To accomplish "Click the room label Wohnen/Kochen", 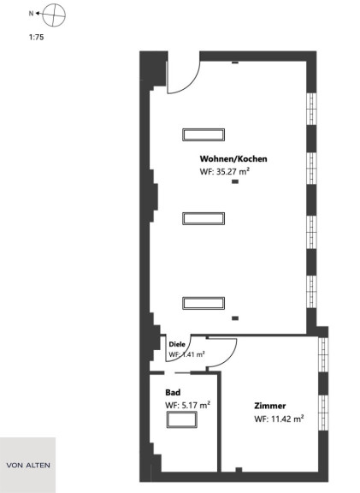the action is [233, 159].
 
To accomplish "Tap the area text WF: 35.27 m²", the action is [225, 172].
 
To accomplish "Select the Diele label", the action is [177, 344].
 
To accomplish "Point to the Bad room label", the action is [173, 392].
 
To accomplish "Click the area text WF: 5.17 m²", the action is [187, 405].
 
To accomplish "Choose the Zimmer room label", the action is [270, 406].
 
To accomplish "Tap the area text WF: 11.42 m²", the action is [279, 419].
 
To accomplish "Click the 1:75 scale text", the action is [37, 37].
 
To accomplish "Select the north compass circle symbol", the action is [54, 15].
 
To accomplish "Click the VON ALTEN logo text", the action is [28, 465].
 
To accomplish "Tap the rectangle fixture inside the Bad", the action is [181, 419].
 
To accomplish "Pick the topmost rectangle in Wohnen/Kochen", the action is [204, 134].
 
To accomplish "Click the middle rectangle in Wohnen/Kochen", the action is [204, 218].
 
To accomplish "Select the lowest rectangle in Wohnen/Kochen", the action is [204, 303].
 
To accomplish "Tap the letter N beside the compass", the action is [31, 14].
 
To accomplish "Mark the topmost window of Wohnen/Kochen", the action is [311, 109].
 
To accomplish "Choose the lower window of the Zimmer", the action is [323, 413].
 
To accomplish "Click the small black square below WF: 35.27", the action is [235, 181].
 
